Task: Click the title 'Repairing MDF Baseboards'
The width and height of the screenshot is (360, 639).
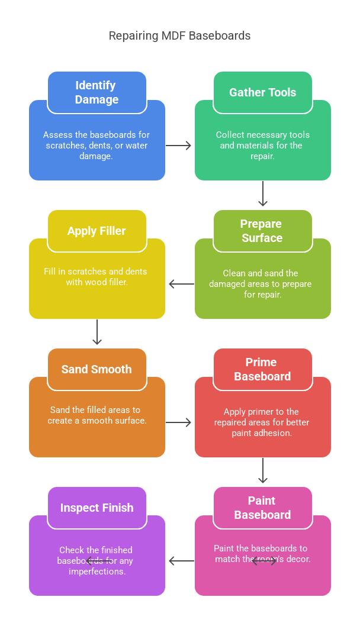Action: click(x=179, y=36)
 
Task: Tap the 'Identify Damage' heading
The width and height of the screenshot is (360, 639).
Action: click(x=97, y=92)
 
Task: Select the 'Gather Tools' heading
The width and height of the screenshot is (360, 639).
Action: click(x=262, y=92)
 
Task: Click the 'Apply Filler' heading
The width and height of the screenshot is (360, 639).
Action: click(x=97, y=231)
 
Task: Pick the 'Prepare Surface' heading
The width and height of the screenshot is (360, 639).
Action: click(x=262, y=231)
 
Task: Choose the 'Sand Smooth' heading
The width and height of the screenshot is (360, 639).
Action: click(x=97, y=369)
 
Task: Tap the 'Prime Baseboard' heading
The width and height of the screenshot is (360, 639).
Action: click(x=262, y=369)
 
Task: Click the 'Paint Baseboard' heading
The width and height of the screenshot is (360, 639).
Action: click(x=262, y=508)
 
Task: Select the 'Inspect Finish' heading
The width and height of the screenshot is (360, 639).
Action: click(x=97, y=508)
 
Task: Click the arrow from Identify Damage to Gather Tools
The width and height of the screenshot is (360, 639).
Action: click(x=179, y=146)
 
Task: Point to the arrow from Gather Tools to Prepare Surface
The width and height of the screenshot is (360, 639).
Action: click(x=263, y=194)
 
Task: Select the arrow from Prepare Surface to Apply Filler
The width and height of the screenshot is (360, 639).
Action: click(x=181, y=284)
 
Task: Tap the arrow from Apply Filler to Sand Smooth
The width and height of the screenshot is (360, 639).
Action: click(x=97, y=333)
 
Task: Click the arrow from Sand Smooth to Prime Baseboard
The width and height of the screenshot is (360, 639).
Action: click(x=179, y=422)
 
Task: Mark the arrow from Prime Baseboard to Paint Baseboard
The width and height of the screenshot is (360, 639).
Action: click(x=263, y=471)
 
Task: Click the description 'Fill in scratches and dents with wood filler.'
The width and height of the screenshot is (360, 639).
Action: click(x=97, y=277)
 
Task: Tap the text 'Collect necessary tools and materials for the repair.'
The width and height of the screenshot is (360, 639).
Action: click(x=262, y=146)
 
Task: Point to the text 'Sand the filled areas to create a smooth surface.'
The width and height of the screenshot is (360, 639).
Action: click(x=97, y=415)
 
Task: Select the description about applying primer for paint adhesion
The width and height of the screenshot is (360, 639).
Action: click(x=262, y=422)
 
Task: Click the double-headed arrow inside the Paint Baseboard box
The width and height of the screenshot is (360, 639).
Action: click(x=264, y=561)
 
